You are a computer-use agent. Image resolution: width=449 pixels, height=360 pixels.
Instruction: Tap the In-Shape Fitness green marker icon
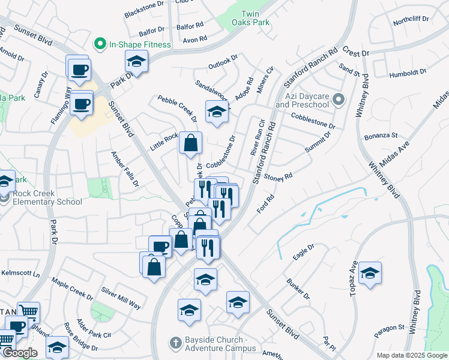tap(100, 44)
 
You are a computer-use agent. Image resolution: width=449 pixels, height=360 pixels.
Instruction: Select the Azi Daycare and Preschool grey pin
tap(339, 100)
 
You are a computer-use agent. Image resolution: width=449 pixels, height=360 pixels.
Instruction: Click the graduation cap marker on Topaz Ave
tap(370, 273)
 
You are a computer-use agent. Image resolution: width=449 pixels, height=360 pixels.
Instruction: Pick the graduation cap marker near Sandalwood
tap(217, 111)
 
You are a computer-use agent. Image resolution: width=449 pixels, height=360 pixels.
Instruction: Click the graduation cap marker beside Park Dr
tap(136, 61)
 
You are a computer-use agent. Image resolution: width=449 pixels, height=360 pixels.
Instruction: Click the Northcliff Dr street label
tap(411, 19)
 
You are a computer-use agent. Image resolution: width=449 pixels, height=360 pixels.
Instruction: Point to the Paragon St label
tap(388, 328)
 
